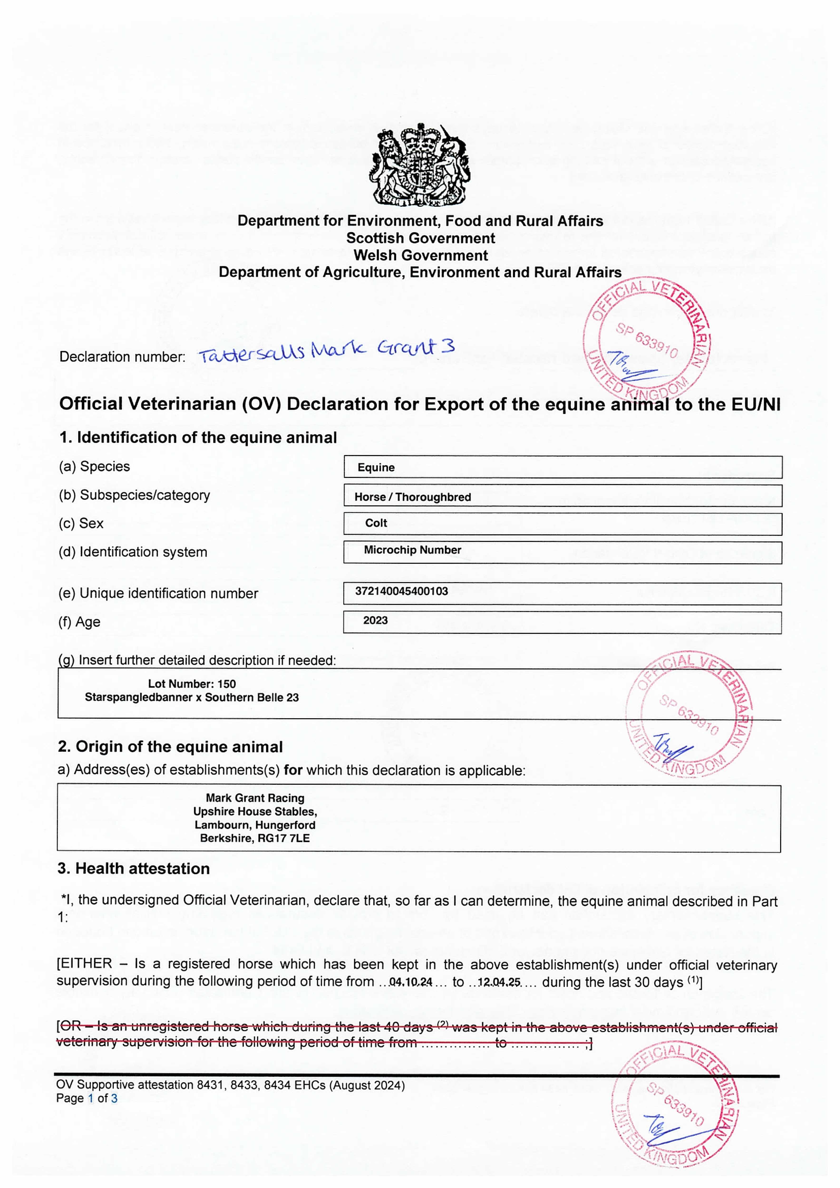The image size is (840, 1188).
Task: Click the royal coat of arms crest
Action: [420, 165]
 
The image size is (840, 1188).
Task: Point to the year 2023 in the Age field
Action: [375, 620]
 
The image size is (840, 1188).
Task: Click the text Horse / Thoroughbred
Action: [413, 497]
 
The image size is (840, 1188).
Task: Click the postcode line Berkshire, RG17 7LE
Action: [255, 838]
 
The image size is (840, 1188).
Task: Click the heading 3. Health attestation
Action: [134, 869]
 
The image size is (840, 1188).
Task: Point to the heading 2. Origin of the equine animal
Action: [170, 747]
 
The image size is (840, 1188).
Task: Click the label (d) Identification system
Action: [133, 552]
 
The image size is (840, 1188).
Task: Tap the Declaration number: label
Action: [122, 357]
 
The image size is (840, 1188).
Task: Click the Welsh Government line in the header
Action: [421, 256]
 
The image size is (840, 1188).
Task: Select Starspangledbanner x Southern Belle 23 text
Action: [192, 698]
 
